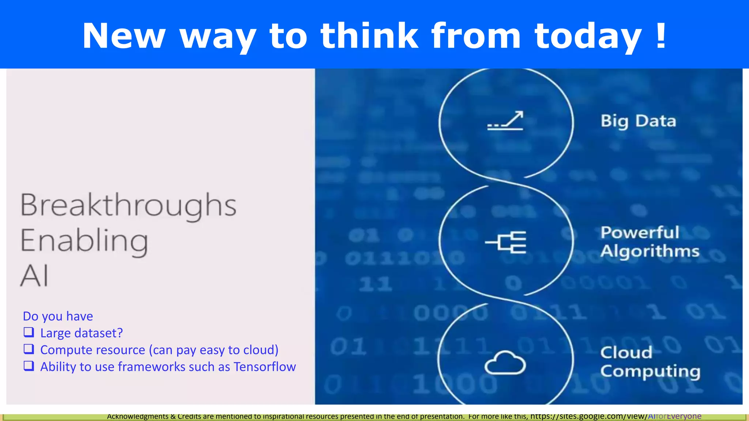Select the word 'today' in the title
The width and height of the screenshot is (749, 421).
(588, 37)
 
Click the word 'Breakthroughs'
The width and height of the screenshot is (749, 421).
(128, 205)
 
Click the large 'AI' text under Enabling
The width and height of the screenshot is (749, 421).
(34, 276)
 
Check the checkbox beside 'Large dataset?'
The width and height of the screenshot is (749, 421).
(29, 332)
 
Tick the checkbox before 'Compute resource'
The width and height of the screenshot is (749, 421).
(29, 349)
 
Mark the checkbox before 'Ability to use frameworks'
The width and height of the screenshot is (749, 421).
(29, 366)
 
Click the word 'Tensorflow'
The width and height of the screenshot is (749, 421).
(264, 367)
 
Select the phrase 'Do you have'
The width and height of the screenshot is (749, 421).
(58, 316)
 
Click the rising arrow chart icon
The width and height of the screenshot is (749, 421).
(505, 121)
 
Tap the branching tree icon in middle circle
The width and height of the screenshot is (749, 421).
(506, 242)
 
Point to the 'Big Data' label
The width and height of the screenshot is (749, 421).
(638, 121)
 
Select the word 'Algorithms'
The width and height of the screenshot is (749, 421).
(650, 251)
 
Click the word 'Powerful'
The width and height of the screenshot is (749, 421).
(640, 232)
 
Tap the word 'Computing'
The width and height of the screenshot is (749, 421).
(650, 371)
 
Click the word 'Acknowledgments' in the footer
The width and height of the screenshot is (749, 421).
(138, 416)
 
